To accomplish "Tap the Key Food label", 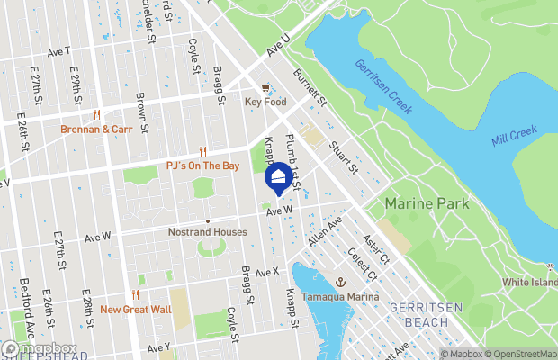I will [x=265, y=103].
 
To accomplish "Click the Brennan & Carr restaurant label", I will [x=96, y=129].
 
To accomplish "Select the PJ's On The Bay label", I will [x=202, y=166].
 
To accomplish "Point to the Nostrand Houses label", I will [x=208, y=231].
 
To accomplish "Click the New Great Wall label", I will [x=135, y=310].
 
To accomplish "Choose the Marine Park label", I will [x=427, y=204].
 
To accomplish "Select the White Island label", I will [x=530, y=282].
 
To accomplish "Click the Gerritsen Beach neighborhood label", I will [x=419, y=314].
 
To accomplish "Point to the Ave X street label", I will [x=267, y=272].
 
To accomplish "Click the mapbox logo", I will [x=40, y=349].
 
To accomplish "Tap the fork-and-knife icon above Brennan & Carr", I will [x=96, y=114].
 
